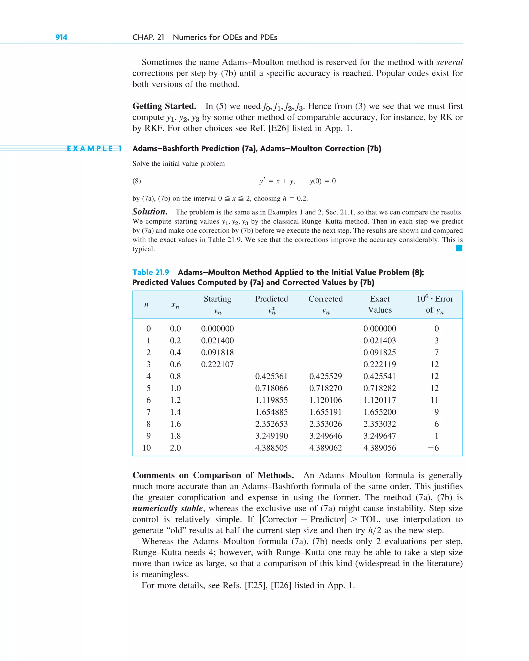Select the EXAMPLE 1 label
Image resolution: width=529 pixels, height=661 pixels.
tap(94, 149)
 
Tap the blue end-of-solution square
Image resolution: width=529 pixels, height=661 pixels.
tap(459, 248)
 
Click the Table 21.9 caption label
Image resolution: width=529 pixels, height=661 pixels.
tap(151, 272)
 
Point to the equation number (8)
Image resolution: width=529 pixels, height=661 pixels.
tap(137, 181)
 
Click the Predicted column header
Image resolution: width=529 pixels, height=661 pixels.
tap(271, 299)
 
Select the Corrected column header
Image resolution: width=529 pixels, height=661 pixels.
tap(325, 299)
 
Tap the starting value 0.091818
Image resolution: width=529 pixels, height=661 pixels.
tap(217, 353)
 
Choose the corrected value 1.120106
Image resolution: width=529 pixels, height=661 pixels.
tap(325, 400)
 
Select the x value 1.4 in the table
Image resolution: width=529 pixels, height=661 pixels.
tap(175, 412)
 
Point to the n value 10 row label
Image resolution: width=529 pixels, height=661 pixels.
tap(146, 448)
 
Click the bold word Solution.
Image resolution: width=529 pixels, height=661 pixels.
tap(150, 212)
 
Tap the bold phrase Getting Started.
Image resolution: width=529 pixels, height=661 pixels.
tap(164, 106)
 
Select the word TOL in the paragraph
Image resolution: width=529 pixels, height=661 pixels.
tap(369, 519)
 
